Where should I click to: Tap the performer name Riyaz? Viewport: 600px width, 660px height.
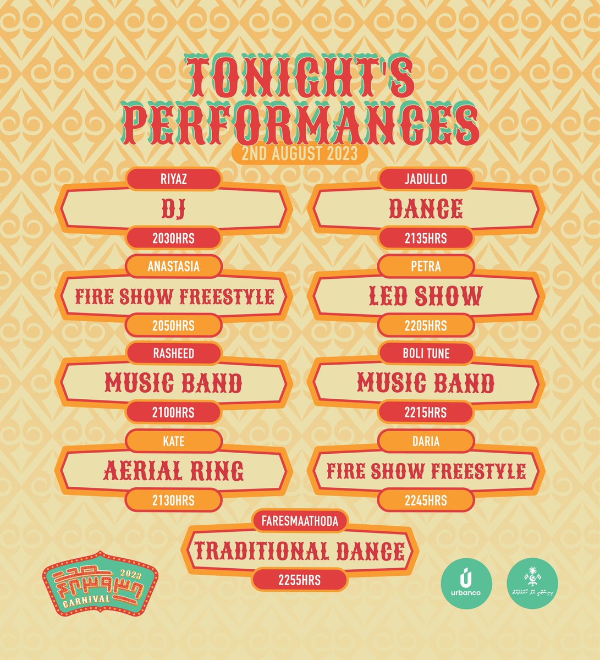[173, 179]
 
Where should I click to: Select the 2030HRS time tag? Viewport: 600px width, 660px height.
[173, 239]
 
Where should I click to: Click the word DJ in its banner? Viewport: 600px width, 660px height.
[173, 209]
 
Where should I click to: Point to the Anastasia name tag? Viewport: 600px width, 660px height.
[173, 267]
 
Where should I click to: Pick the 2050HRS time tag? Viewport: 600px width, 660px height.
[173, 326]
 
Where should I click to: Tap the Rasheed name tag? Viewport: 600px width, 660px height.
[173, 354]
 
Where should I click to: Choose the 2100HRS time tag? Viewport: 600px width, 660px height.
[173, 413]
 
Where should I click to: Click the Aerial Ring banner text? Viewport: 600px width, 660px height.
[173, 471]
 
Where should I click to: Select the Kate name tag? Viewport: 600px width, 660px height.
[173, 441]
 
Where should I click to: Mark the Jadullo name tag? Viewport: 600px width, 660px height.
[426, 179]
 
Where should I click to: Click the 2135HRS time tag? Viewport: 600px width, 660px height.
[426, 239]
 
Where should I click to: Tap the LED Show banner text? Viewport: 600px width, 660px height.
[426, 296]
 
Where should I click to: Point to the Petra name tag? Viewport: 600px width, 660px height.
[426, 267]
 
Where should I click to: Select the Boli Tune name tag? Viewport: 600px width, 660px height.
[426, 354]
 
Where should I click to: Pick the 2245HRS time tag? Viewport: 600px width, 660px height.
[426, 501]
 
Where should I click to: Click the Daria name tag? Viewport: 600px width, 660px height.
[426, 441]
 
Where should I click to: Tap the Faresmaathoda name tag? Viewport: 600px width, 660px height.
[300, 521]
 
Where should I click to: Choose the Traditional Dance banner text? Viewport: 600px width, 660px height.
[300, 551]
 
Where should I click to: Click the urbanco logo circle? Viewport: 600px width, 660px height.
[466, 584]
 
